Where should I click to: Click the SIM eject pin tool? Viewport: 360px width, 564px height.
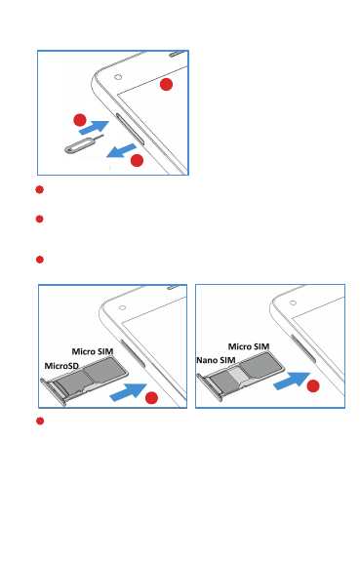click(78, 146)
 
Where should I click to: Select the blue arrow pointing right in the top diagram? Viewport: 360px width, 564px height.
click(94, 127)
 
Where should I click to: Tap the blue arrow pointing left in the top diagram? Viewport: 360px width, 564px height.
click(122, 150)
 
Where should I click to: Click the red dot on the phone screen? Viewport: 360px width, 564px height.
click(166, 85)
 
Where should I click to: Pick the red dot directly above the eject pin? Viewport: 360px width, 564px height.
click(80, 120)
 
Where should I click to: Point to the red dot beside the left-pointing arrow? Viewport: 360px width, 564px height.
click(137, 160)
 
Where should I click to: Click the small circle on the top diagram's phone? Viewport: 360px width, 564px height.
click(118, 77)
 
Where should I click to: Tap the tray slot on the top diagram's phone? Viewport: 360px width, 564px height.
click(130, 129)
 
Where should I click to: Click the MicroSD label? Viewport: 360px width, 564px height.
click(61, 366)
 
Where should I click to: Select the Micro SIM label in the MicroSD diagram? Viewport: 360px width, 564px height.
click(93, 351)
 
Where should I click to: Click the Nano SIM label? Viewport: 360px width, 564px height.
click(216, 360)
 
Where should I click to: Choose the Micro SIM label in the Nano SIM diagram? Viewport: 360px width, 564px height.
click(249, 346)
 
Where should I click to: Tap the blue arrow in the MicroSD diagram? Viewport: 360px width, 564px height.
click(128, 392)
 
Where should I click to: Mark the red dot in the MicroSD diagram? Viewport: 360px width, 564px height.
click(151, 398)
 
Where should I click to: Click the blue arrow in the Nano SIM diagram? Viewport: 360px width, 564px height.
click(292, 381)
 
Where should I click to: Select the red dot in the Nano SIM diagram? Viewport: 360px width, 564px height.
click(313, 386)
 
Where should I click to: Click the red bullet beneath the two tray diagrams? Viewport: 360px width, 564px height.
click(40, 421)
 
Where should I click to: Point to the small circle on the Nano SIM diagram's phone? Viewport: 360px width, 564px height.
click(293, 302)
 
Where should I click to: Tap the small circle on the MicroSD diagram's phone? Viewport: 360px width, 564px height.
click(123, 307)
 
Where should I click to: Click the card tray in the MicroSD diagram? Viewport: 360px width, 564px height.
click(84, 380)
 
